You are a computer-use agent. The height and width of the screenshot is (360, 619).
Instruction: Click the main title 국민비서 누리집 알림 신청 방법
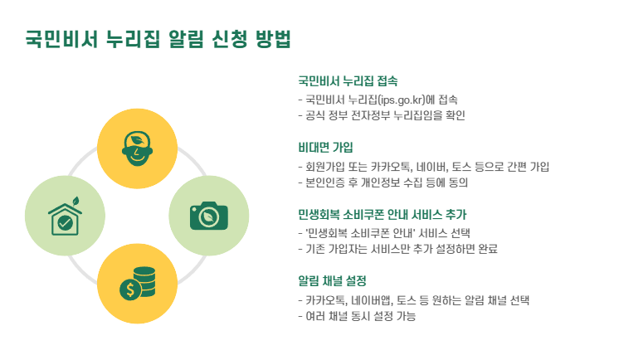coord(158,38)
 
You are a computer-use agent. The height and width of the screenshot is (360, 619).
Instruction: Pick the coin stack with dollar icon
coord(137,284)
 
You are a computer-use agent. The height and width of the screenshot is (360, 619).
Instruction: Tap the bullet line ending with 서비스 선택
coord(388,233)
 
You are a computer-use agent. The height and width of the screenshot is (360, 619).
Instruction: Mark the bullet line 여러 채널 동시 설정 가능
coord(356,315)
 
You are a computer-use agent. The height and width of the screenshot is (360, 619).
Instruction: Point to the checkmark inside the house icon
coord(63,222)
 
